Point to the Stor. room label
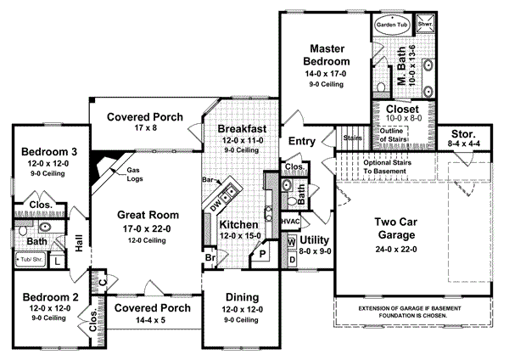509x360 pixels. [463, 133]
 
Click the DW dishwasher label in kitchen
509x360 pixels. [216, 205]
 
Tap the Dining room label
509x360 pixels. [241, 296]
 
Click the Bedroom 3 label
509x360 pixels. [39, 151]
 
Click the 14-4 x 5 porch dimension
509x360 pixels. [151, 320]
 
